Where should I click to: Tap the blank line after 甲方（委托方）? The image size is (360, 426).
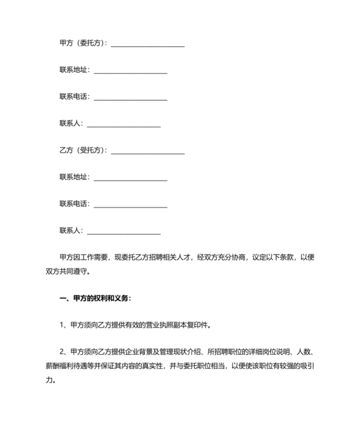pos(148,44)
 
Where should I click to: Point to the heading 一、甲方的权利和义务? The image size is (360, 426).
pos(94,298)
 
